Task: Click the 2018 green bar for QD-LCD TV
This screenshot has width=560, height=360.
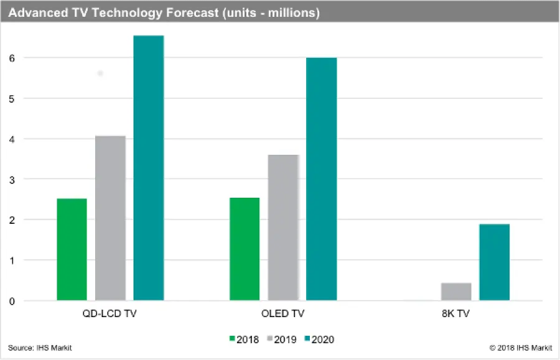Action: pyautogui.click(x=72, y=249)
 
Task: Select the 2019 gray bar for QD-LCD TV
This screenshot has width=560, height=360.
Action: pyautogui.click(x=110, y=218)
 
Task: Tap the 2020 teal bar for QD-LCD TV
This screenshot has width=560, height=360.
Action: pyautogui.click(x=149, y=168)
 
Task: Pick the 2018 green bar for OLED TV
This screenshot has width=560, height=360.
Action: pyautogui.click(x=245, y=249)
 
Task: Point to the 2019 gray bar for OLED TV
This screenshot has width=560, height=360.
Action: pyautogui.click(x=283, y=228)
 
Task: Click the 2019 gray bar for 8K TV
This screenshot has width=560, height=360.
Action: pyautogui.click(x=456, y=292)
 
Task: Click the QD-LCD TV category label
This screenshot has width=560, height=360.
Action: pyautogui.click(x=110, y=314)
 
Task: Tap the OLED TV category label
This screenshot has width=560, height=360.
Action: pyautogui.click(x=283, y=314)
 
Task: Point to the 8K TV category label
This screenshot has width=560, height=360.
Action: pyautogui.click(x=456, y=314)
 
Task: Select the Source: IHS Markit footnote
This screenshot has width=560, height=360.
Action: pyautogui.click(x=40, y=348)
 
